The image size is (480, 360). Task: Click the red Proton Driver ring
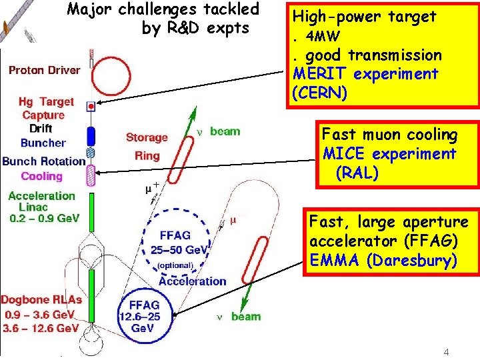[91, 75]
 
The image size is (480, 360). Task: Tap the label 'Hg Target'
[47, 101]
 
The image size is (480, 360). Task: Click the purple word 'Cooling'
[41, 176]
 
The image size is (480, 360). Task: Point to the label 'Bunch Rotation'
[43, 161]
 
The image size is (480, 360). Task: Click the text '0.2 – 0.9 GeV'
[44, 218]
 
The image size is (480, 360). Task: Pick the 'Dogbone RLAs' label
[41, 299]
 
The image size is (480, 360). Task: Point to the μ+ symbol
[152, 187]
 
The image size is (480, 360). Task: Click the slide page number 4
[446, 351]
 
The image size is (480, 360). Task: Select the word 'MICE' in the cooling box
[345, 155]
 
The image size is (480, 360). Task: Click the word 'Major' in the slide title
[91, 9]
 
